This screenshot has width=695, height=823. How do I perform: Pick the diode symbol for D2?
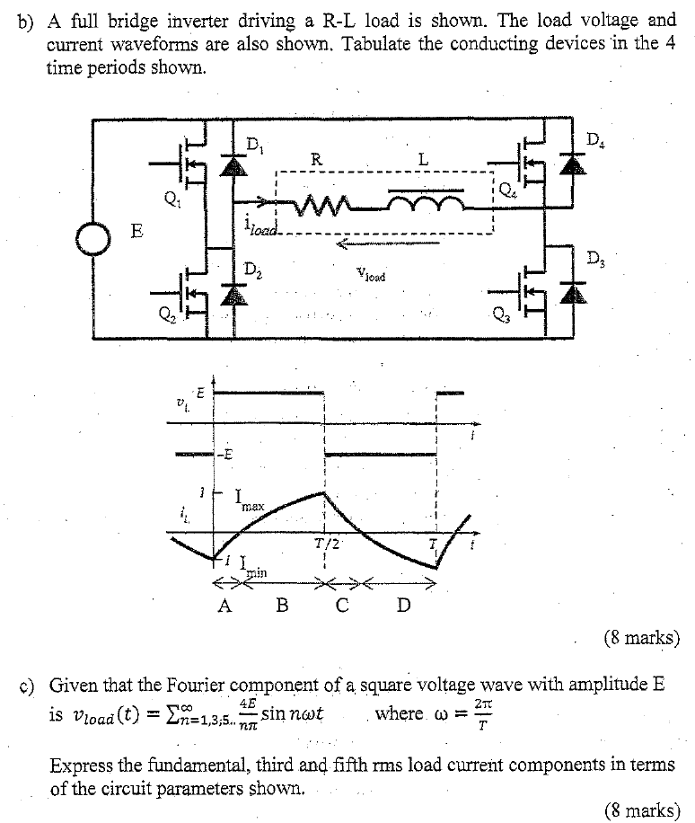click(235, 293)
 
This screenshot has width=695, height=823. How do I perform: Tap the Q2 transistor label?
click(163, 314)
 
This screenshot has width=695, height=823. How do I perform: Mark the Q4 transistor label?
click(507, 190)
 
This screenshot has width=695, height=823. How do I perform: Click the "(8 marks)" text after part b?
click(641, 639)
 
